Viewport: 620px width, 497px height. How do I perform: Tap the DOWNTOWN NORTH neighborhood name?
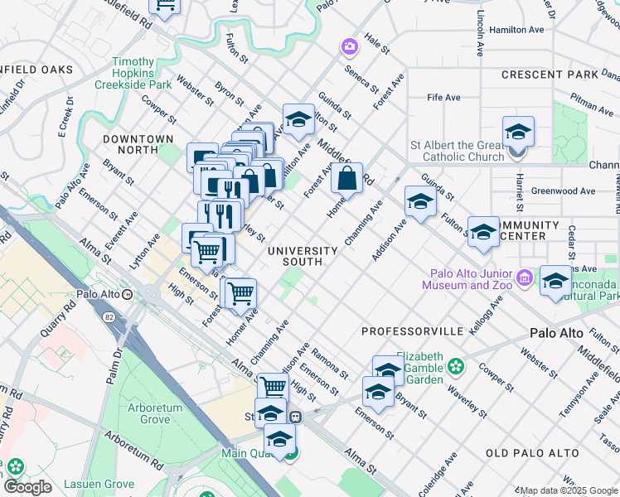[x=138, y=144]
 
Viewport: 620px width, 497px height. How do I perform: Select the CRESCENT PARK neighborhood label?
[x=550, y=75]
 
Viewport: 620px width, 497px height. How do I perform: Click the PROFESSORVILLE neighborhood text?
[x=412, y=331]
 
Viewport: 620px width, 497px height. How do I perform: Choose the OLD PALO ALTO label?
[x=531, y=453]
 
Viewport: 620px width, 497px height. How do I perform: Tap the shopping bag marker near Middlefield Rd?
[x=347, y=178]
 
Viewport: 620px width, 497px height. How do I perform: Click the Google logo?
[x=27, y=487]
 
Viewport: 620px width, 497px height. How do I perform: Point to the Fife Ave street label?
[x=443, y=98]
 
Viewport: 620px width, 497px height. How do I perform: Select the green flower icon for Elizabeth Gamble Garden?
[x=454, y=365]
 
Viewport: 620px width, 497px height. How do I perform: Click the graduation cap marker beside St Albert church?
[x=518, y=133]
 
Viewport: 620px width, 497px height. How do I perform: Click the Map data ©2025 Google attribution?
[x=568, y=490]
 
